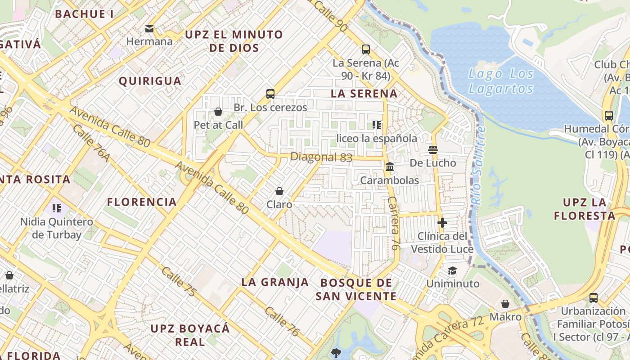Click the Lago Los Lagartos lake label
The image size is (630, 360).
[x=501, y=81]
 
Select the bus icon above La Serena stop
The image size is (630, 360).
[x=366, y=49]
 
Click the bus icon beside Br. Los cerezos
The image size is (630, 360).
[x=270, y=94]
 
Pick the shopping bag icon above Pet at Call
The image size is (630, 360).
[x=218, y=112]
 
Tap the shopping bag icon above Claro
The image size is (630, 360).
[x=279, y=191]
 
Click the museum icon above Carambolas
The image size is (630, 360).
[x=390, y=167]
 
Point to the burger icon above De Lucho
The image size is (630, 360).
[x=433, y=150]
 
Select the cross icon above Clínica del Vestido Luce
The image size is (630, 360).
[x=442, y=222]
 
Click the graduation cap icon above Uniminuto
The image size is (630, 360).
[x=452, y=270]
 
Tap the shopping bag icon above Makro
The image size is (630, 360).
[x=505, y=304]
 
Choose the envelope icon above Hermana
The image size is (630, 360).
[x=149, y=29]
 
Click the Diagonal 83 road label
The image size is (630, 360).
[x=321, y=157]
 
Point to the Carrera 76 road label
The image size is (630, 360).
[x=394, y=223]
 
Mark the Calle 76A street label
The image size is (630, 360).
[x=90, y=143]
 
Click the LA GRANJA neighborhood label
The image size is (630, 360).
[x=275, y=282]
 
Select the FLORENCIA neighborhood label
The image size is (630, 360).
[x=142, y=202]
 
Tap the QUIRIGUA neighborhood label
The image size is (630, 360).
[x=150, y=81]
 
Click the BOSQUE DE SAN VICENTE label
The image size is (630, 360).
[x=356, y=289]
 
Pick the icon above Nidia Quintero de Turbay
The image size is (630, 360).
[x=57, y=208]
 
